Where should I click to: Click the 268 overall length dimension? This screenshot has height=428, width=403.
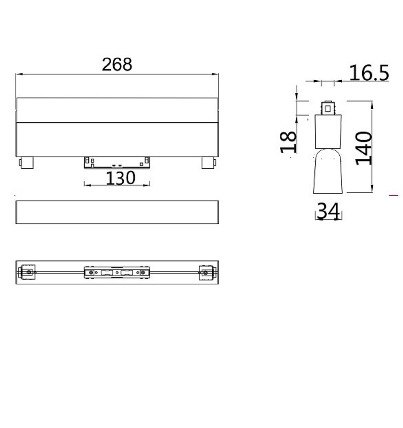[117, 65]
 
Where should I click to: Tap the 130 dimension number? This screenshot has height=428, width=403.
[120, 178]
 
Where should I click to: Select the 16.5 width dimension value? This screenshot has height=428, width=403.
[369, 73]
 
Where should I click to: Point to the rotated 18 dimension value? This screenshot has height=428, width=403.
[289, 142]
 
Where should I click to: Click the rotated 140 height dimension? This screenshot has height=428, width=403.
[364, 148]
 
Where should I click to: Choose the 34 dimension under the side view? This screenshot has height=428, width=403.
[328, 211]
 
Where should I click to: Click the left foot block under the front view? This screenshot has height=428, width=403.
[27, 163]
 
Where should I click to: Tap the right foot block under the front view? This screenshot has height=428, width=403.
[208, 163]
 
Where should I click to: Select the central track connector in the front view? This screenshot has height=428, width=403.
[117, 162]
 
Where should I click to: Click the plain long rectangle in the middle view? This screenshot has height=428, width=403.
[117, 212]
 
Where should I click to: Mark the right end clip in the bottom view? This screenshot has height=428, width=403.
[206, 272]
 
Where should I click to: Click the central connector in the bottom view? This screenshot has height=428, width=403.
[117, 272]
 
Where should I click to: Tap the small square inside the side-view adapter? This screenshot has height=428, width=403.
[328, 108]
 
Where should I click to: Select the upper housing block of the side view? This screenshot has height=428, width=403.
[328, 132]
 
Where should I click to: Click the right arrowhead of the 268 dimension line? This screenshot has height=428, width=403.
[216, 74]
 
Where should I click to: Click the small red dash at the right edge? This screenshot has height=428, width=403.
[394, 195]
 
